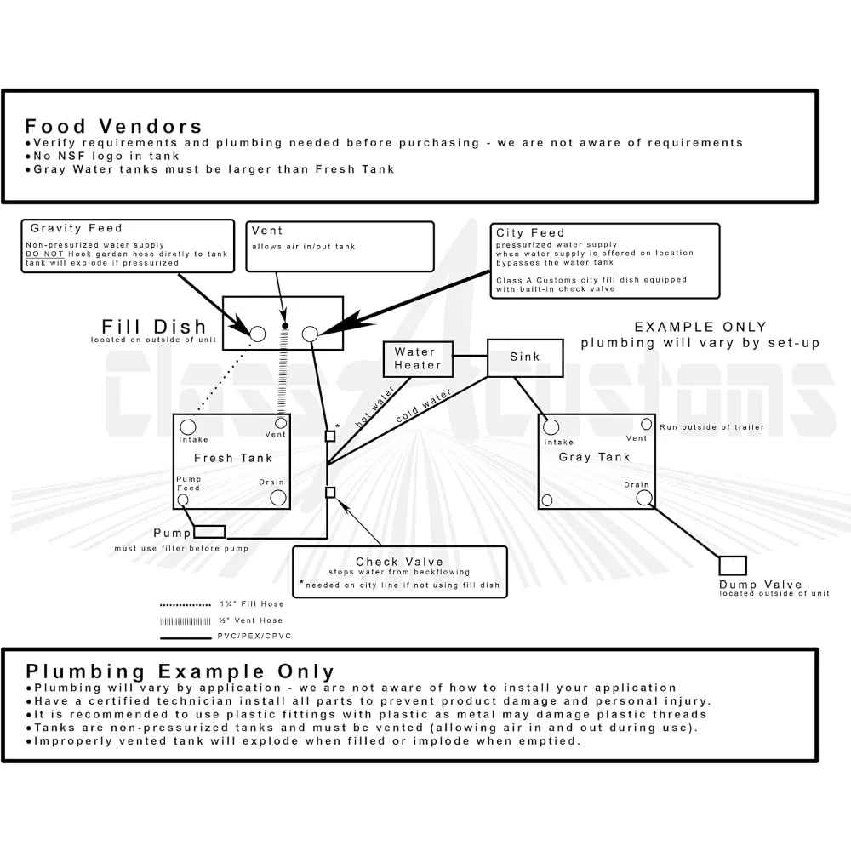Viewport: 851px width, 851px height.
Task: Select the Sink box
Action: [525, 357]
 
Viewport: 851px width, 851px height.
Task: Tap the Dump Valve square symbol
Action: [733, 565]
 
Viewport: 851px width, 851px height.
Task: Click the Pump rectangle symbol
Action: [209, 532]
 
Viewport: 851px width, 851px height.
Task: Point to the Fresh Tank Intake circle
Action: [188, 426]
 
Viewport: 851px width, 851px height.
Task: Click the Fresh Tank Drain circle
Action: [277, 497]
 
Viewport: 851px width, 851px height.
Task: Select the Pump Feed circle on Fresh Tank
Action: [182, 500]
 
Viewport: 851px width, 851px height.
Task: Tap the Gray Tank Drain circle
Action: [644, 497]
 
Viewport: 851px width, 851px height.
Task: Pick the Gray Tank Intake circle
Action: [551, 427]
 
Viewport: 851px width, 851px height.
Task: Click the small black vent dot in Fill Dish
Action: [285, 326]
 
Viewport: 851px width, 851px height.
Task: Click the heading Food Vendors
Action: [113, 128]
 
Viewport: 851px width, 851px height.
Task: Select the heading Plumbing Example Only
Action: [180, 672]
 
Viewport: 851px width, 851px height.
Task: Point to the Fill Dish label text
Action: [154, 327]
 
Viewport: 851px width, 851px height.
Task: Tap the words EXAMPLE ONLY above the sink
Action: [700, 327]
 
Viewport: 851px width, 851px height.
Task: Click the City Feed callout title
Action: [530, 232]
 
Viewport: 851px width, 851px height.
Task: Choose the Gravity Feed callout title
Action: [77, 228]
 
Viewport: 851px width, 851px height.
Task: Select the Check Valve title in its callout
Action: [399, 562]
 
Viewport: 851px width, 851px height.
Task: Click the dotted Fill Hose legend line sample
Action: [185, 603]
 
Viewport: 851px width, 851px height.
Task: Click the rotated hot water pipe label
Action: [374, 406]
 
